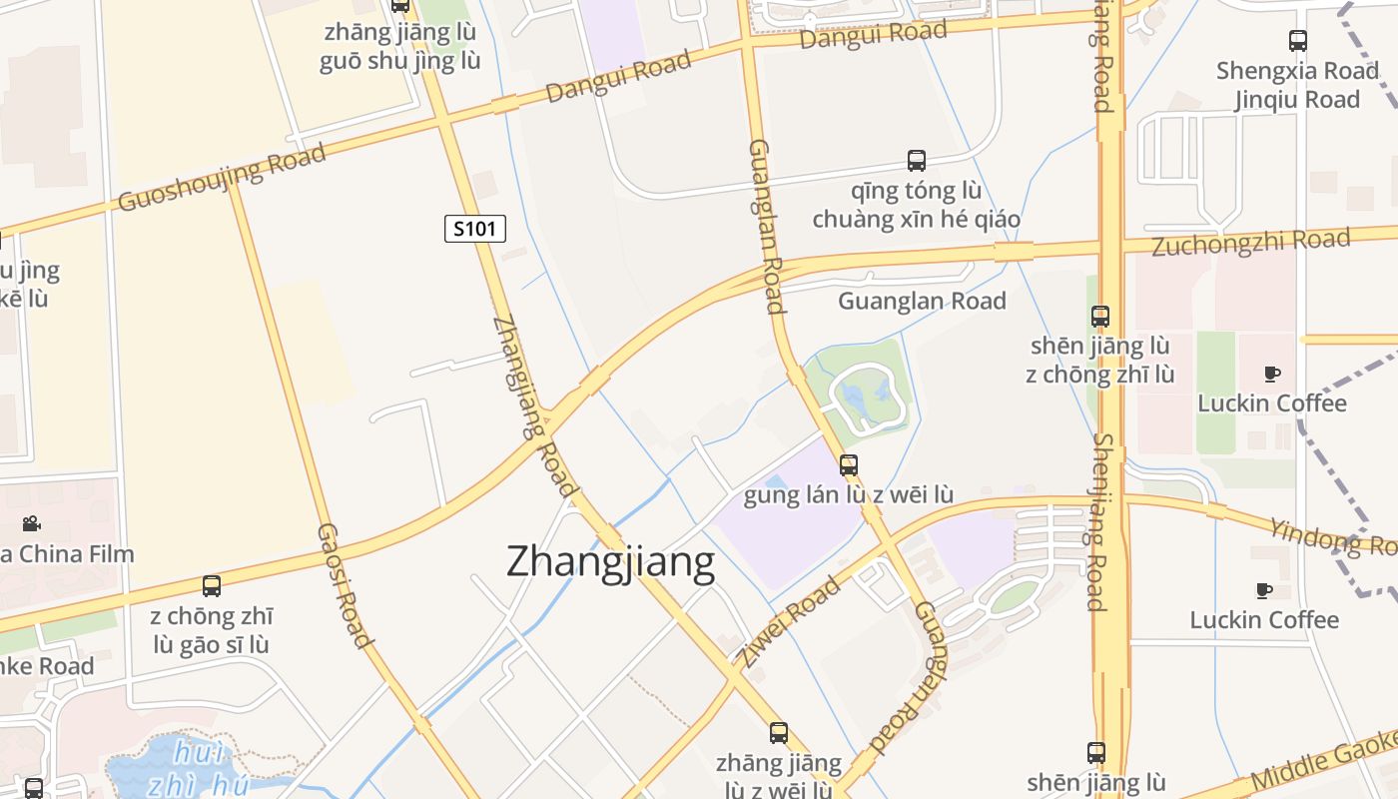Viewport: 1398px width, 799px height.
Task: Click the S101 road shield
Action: pos(475,229)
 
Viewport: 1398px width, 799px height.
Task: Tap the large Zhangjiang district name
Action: pos(610,562)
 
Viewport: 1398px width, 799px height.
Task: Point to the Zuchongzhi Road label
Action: pos(1250,242)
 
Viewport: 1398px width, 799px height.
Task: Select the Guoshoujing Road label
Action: pos(222,178)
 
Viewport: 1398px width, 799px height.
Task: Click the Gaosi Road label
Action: pos(345,584)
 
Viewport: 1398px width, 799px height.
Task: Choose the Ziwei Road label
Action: pos(789,621)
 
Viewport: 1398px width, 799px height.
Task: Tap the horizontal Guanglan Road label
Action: pos(922,301)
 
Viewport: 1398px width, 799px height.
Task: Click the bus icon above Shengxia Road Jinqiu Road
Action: pos(1298,41)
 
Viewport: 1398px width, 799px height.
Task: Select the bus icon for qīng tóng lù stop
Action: pos(916,160)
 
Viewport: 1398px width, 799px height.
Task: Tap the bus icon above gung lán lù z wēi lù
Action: pos(849,464)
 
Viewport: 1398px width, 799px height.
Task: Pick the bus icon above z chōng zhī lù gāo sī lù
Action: pos(212,586)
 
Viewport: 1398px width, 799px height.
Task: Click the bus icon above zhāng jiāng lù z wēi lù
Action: pos(779,733)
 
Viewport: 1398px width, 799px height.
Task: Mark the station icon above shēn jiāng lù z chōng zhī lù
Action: pos(1100,317)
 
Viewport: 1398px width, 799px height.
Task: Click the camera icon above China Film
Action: pos(31,523)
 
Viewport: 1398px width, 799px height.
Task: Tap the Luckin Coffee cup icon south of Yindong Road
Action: pos(1264,590)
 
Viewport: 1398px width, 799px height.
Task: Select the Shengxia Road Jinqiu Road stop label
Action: pos(1297,85)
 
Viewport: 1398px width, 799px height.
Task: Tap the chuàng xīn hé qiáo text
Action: pos(916,219)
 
